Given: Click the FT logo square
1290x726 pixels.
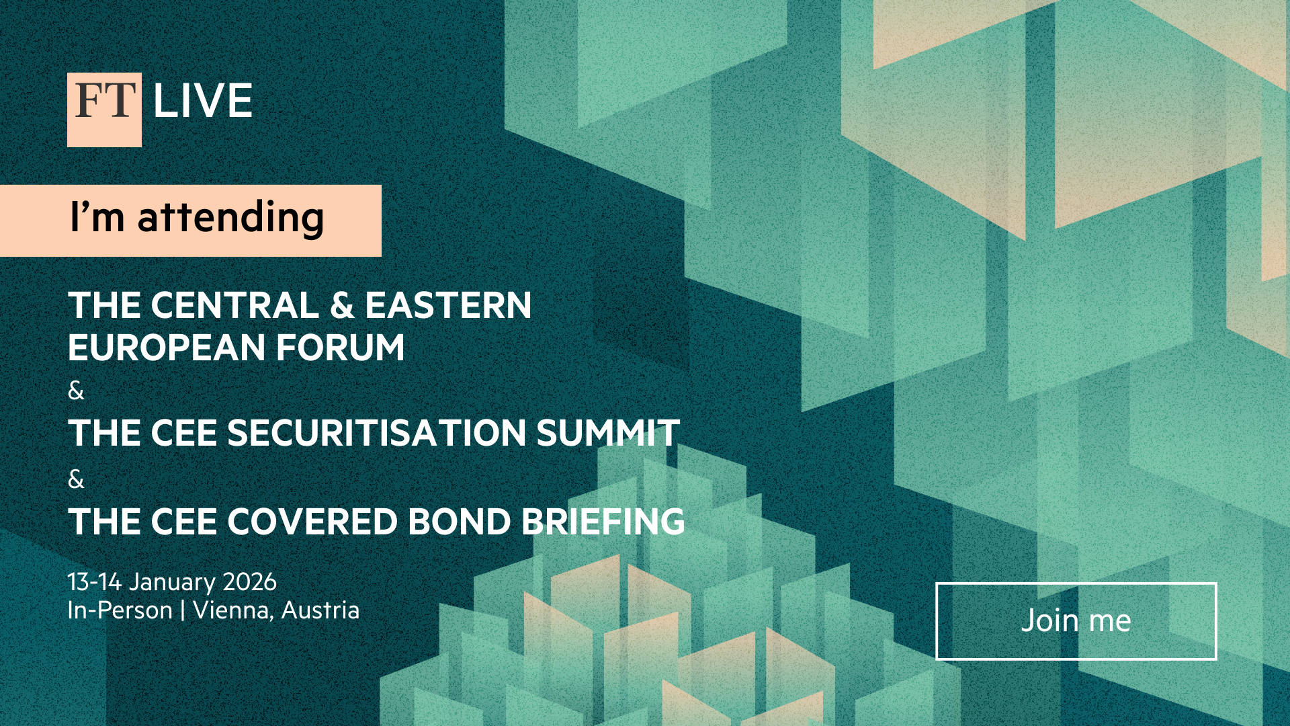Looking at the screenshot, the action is tap(104, 110).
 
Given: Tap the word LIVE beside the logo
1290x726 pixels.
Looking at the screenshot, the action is tap(203, 102).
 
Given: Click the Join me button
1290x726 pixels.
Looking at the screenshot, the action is tap(1076, 621).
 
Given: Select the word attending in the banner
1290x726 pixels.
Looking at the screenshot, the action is tap(231, 218).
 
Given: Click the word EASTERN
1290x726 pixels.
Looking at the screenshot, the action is tap(448, 305).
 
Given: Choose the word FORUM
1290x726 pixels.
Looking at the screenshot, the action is tap(340, 348).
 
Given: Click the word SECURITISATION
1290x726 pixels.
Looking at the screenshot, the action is tap(377, 433).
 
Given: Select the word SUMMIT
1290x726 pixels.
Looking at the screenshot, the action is tap(608, 433).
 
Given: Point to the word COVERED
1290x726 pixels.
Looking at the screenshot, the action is tap(312, 522).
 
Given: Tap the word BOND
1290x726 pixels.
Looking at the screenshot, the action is tap(460, 522).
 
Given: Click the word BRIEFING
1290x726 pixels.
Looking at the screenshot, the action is tap(603, 522).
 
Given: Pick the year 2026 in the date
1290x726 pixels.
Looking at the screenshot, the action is tap(249, 582).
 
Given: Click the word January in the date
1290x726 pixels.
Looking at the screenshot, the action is tap(172, 583).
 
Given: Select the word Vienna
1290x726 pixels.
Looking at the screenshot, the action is tap(233, 611).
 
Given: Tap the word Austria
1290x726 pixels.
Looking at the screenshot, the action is tap(320, 610).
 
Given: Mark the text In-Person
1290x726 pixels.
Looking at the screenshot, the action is tap(120, 610).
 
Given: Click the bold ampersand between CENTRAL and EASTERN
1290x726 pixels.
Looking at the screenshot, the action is tap(343, 305).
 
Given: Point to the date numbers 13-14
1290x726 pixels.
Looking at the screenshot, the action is tap(95, 582).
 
